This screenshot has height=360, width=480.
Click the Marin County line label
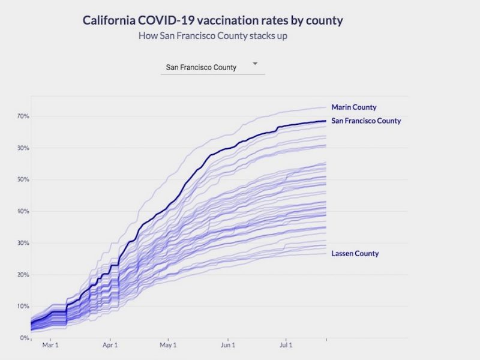(354, 107)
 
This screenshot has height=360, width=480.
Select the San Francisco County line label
(366, 121)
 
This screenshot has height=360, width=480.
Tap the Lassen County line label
(355, 253)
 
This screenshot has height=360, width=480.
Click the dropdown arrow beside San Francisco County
(255, 64)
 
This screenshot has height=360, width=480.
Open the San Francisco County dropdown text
(201, 67)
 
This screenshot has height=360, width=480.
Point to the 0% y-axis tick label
(24, 338)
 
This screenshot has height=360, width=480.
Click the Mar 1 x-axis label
(50, 346)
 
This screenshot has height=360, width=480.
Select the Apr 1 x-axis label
(110, 346)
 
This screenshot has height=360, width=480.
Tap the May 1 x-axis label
(169, 346)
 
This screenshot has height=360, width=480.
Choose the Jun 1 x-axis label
(228, 346)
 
